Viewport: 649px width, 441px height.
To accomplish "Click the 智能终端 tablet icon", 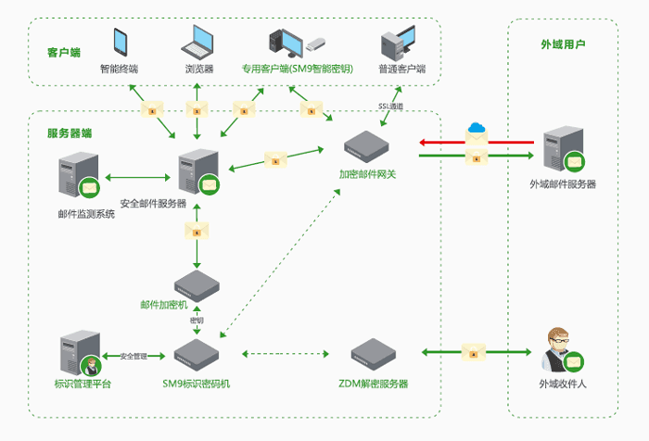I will (x=121, y=42).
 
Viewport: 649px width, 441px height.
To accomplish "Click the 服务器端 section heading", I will (x=70, y=132).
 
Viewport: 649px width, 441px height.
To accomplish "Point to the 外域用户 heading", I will (x=563, y=44).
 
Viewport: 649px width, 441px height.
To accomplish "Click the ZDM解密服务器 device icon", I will (x=374, y=355).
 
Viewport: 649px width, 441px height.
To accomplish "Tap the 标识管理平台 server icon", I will (x=80, y=352).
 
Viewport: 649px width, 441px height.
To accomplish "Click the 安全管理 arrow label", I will (x=134, y=356).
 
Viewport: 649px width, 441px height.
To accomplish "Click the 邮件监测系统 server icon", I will (x=80, y=179).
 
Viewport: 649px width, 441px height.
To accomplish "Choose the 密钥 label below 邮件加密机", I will (x=197, y=320).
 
